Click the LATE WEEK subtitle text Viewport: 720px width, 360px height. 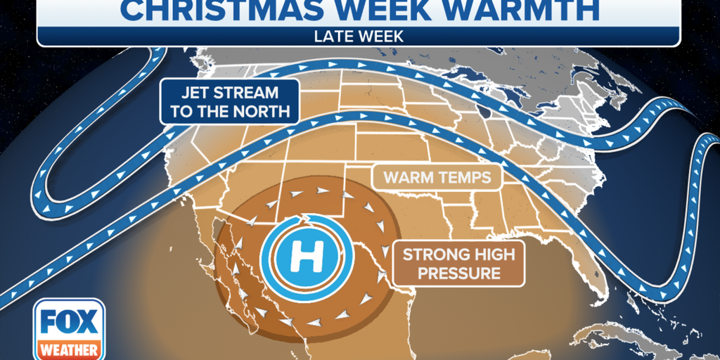[359, 36]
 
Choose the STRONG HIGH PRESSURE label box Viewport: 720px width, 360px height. [458, 263]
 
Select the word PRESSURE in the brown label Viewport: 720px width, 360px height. [458, 273]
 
